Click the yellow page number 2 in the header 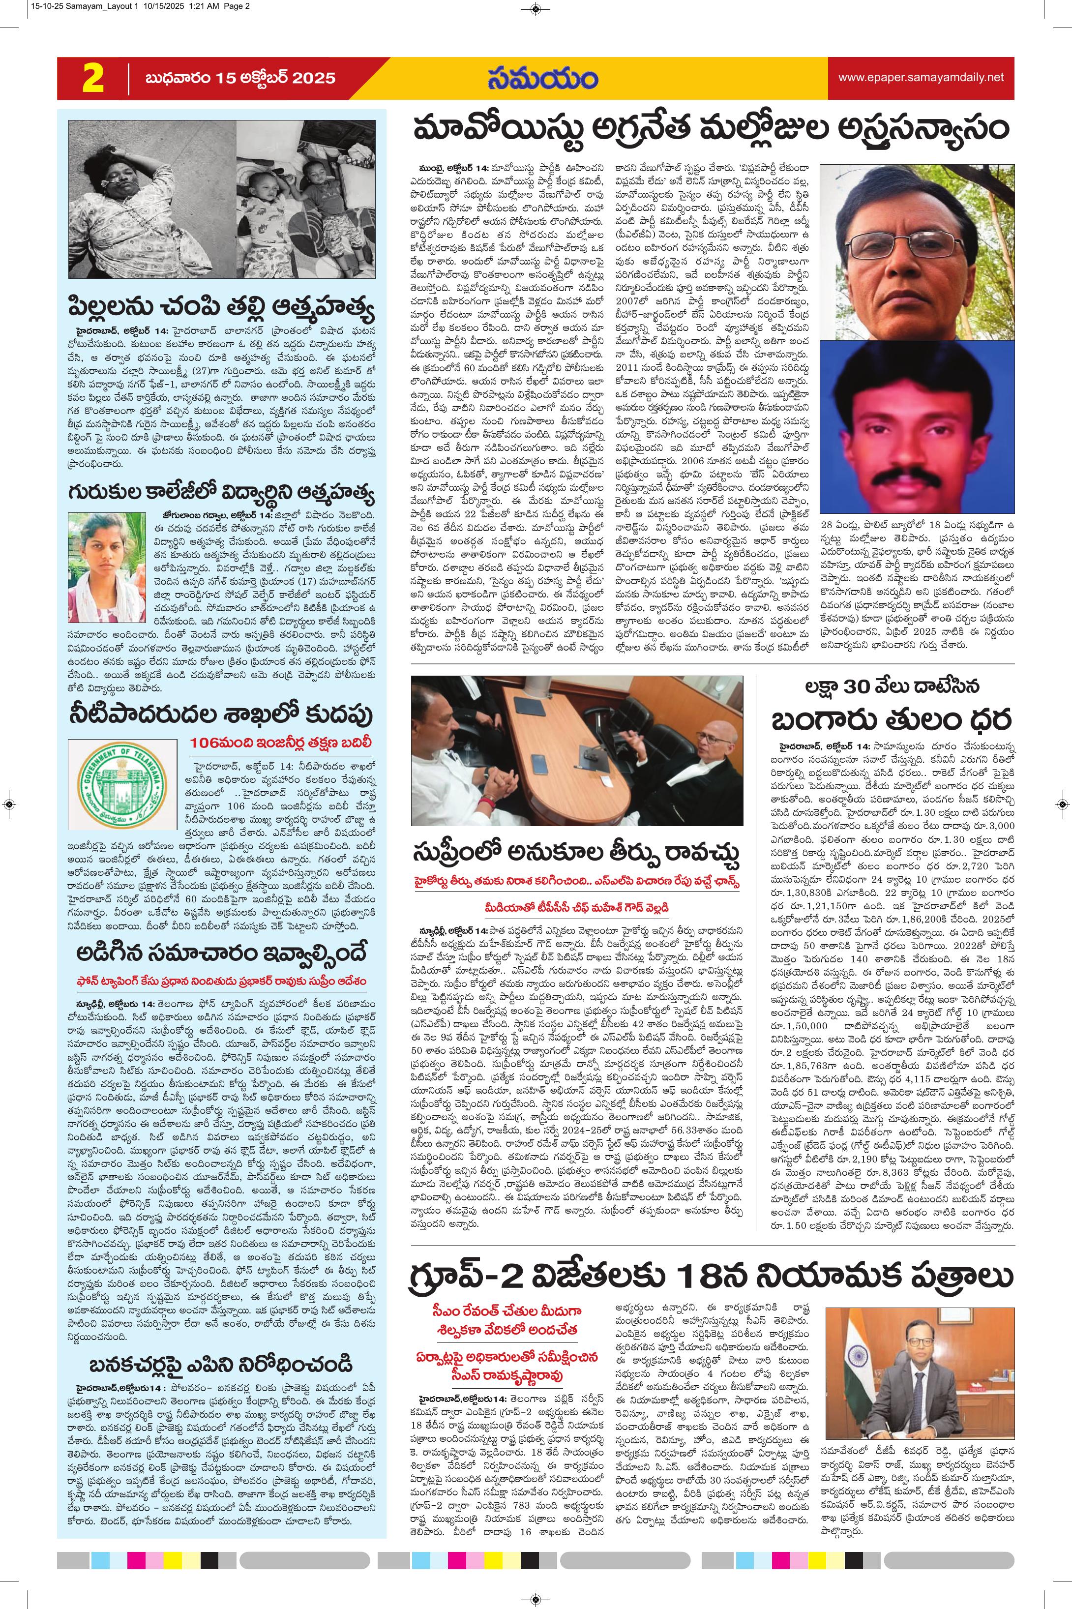tap(93, 79)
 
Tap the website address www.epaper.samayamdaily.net tap(921, 78)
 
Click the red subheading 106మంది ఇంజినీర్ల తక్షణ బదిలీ tap(282, 743)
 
